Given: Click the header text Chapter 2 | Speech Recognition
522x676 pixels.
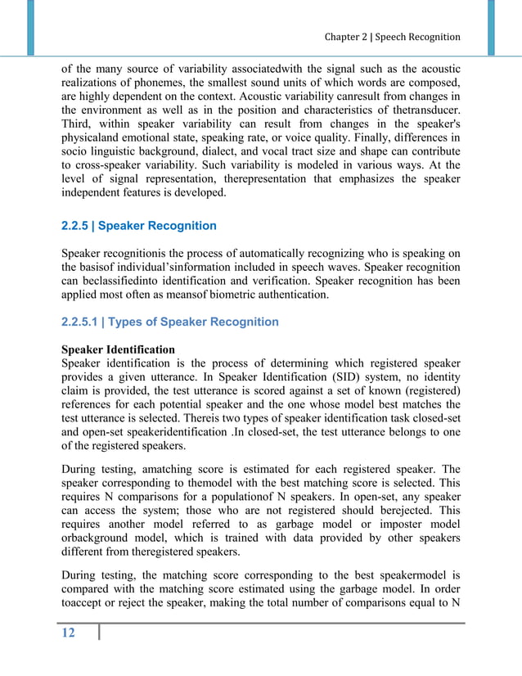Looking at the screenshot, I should (392, 37).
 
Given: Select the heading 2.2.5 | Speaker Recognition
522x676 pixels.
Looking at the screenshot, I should (140, 225).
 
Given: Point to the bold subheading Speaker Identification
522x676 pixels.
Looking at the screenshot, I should (119, 349).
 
